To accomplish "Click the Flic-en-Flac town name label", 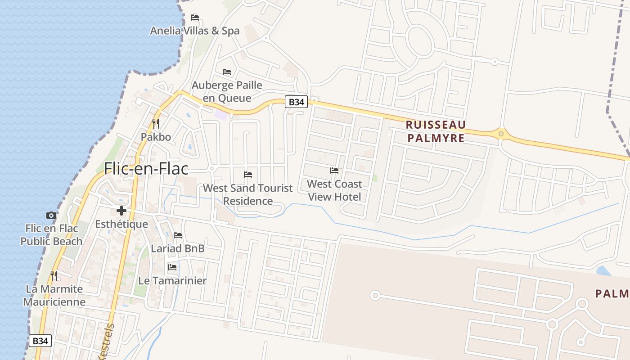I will click(x=146, y=168).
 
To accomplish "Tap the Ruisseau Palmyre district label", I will click(x=436, y=131).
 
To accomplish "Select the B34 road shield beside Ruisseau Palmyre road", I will click(x=296, y=102).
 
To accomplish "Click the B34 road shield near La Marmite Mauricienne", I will click(x=40, y=341).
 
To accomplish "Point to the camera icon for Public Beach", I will click(x=51, y=215).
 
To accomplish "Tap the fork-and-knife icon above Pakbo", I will click(x=156, y=123).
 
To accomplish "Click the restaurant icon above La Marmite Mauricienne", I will click(x=54, y=275).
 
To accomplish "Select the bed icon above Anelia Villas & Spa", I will click(x=195, y=18).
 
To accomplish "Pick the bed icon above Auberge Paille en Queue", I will click(x=227, y=72).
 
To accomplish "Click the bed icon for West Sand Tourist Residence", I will click(x=248, y=175).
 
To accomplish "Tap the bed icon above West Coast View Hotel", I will click(x=334, y=171).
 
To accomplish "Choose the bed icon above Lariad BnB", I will click(x=178, y=235).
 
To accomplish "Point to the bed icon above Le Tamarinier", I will click(x=172, y=267).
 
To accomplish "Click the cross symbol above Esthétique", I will click(x=121, y=210).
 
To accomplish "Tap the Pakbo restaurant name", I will click(x=156, y=137).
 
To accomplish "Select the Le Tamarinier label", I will click(x=172, y=281).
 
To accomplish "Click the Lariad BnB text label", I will click(x=178, y=248).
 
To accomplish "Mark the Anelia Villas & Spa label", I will click(x=195, y=31).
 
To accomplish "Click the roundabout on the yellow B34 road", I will click(x=501, y=134).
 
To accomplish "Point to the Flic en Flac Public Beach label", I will click(x=51, y=235).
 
